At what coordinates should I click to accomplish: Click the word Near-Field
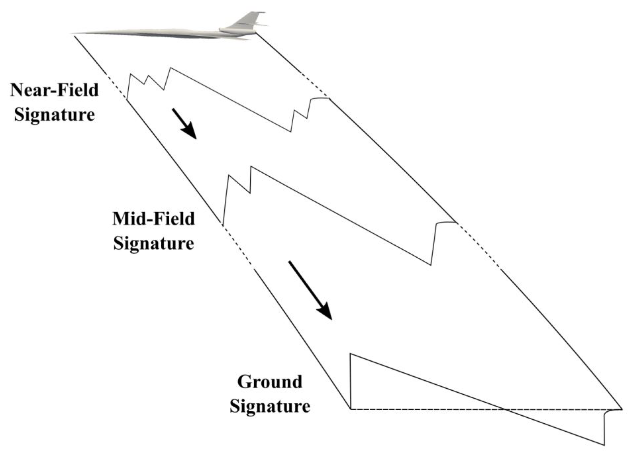click(54, 90)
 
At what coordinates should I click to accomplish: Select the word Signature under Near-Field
click(54, 115)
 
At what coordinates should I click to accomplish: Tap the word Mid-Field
click(154, 219)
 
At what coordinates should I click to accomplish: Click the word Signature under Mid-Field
click(154, 243)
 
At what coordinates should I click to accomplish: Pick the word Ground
click(270, 382)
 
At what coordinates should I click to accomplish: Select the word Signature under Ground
click(270, 407)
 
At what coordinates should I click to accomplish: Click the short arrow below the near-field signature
click(184, 124)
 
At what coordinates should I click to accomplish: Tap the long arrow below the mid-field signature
click(310, 290)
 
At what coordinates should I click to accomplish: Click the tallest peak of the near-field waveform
click(170, 68)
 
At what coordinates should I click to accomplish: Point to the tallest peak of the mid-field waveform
click(251, 167)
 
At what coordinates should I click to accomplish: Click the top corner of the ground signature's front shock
click(350, 354)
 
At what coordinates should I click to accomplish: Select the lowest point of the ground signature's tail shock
click(604, 444)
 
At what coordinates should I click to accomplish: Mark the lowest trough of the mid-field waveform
click(431, 264)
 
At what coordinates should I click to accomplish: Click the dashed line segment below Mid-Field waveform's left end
click(238, 246)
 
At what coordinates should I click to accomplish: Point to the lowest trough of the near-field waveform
click(291, 131)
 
